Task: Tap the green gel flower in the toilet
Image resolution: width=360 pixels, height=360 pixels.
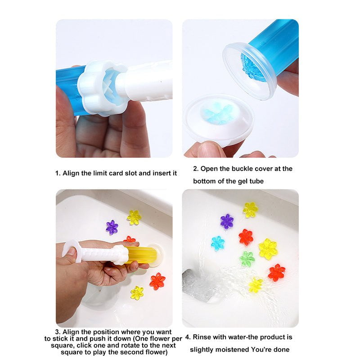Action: (x=247, y=258)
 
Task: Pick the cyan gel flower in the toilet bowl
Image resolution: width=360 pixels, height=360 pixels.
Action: (x=218, y=243)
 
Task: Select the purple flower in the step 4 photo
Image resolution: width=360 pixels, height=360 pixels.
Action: (x=227, y=221)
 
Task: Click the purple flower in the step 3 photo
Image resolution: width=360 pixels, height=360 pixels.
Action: (x=112, y=227)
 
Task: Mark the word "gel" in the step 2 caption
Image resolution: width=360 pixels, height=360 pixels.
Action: (x=237, y=181)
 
